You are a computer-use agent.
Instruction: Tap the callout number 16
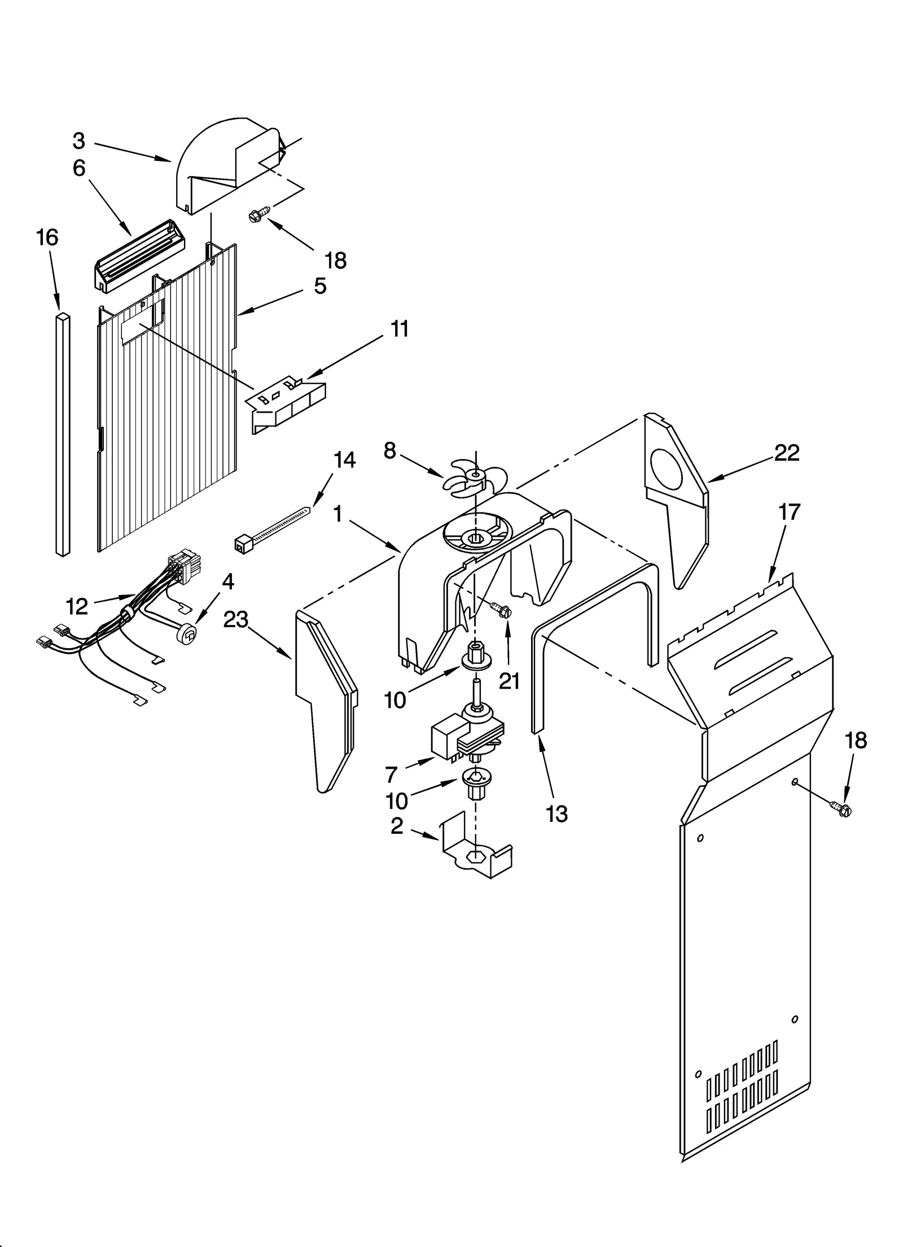[47, 238]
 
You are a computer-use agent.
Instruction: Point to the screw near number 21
[500, 609]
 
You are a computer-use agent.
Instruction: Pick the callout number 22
[787, 453]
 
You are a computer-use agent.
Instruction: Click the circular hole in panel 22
[666, 469]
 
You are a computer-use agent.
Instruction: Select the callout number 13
[556, 813]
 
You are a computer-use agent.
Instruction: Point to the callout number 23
[235, 619]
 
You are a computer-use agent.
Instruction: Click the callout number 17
[789, 512]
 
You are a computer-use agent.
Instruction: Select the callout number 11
[400, 329]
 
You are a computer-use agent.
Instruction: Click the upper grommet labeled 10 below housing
[476, 656]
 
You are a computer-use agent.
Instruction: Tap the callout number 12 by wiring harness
[77, 606]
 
